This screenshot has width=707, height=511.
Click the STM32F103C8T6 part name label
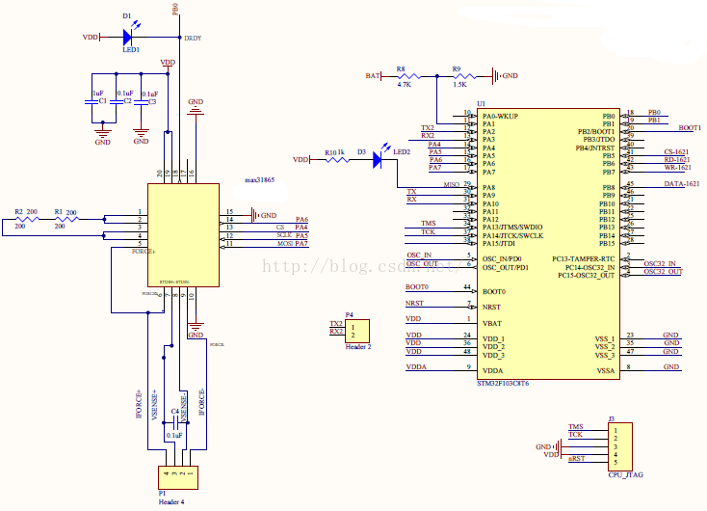[502, 383]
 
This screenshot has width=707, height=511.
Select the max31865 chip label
[259, 180]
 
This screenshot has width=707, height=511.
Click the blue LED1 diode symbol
[127, 37]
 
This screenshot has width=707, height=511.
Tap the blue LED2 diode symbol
[378, 160]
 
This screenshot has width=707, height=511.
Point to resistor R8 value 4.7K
[404, 85]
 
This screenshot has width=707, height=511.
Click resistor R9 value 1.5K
[459, 85]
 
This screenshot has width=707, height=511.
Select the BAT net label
[373, 75]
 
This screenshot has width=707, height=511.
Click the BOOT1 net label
[690, 127]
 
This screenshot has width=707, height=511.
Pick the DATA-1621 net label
[678, 183]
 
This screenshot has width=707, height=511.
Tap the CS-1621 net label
[676, 152]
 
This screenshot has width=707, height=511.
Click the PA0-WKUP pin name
[500, 116]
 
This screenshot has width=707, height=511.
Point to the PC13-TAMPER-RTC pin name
[584, 258]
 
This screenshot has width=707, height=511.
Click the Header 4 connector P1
[178, 475]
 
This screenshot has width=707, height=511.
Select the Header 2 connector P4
[359, 331]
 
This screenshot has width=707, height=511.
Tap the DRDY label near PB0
[193, 38]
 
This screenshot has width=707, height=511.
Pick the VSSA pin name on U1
[605, 371]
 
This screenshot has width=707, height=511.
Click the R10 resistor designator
[330, 152]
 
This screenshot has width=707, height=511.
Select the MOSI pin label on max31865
[285, 244]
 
